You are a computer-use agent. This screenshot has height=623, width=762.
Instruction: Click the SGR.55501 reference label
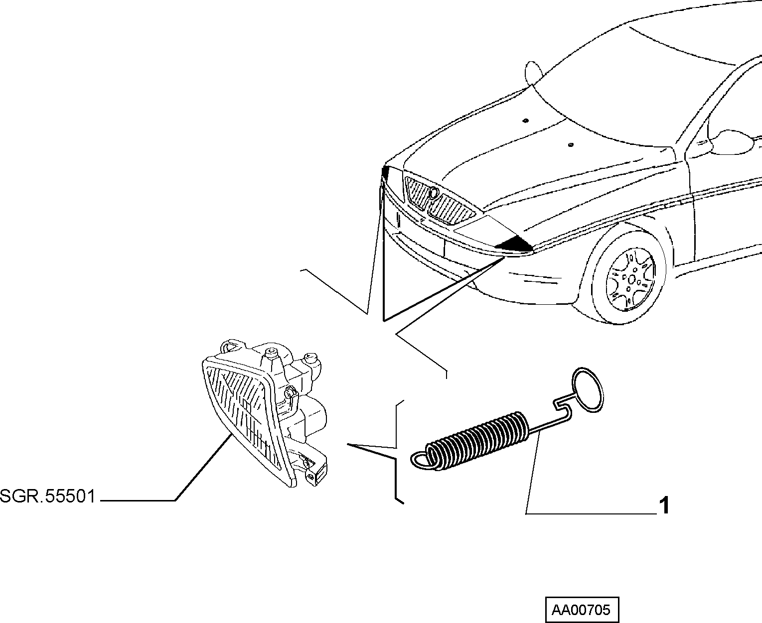(47, 496)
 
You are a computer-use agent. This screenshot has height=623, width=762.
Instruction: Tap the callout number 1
(664, 505)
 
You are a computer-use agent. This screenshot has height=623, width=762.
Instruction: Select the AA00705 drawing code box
(582, 610)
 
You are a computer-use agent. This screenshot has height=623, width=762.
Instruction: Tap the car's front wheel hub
(631, 279)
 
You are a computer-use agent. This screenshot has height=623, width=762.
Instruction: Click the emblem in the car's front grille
(433, 193)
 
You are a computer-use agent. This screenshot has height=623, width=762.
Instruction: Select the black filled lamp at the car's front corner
(515, 245)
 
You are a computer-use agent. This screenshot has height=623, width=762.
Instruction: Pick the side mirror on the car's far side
(532, 72)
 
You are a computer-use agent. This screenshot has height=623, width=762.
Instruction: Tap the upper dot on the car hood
(526, 120)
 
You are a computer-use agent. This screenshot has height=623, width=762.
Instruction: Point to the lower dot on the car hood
(571, 145)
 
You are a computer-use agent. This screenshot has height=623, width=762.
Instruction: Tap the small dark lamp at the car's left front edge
(385, 173)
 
